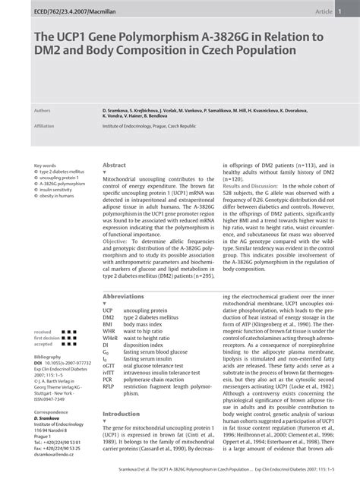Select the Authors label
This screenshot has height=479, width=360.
(x=43, y=111)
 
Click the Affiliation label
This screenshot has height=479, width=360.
(x=45, y=126)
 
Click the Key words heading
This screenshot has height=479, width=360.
(x=45, y=165)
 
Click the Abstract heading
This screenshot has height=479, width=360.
(x=114, y=165)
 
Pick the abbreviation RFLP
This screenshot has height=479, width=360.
(x=108, y=385)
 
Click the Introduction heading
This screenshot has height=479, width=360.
(x=121, y=414)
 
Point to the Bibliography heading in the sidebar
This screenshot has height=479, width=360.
(x=47, y=356)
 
